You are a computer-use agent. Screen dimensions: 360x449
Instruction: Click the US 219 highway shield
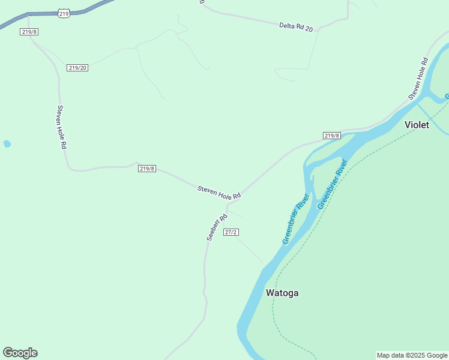(x=64, y=13)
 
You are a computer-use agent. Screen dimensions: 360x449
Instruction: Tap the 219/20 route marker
(x=78, y=68)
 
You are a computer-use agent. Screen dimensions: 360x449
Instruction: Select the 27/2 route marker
(x=231, y=232)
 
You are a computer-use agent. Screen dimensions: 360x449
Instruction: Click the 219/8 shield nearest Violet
(x=331, y=136)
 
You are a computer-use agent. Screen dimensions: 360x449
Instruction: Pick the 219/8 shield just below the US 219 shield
(x=29, y=32)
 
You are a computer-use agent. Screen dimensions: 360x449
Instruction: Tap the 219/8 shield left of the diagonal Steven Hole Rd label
(x=147, y=169)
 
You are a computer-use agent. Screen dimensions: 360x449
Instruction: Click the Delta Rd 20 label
(x=297, y=27)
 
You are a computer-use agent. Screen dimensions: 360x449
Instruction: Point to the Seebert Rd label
(x=216, y=227)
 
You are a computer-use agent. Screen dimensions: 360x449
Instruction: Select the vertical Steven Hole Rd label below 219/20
(x=61, y=127)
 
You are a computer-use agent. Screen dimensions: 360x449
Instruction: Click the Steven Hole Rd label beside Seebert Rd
(x=219, y=193)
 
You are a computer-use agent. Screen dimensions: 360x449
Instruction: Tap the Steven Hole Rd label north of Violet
(x=417, y=78)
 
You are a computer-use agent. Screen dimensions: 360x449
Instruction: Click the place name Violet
(x=417, y=125)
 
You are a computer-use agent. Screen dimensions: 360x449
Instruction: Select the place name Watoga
(x=282, y=293)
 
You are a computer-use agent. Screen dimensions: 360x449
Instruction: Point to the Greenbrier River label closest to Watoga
(x=295, y=219)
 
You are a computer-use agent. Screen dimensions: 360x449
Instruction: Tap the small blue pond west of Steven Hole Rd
(x=7, y=144)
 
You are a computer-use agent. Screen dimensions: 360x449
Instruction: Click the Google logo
(x=20, y=353)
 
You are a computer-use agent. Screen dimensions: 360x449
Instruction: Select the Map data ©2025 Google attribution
(x=412, y=355)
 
